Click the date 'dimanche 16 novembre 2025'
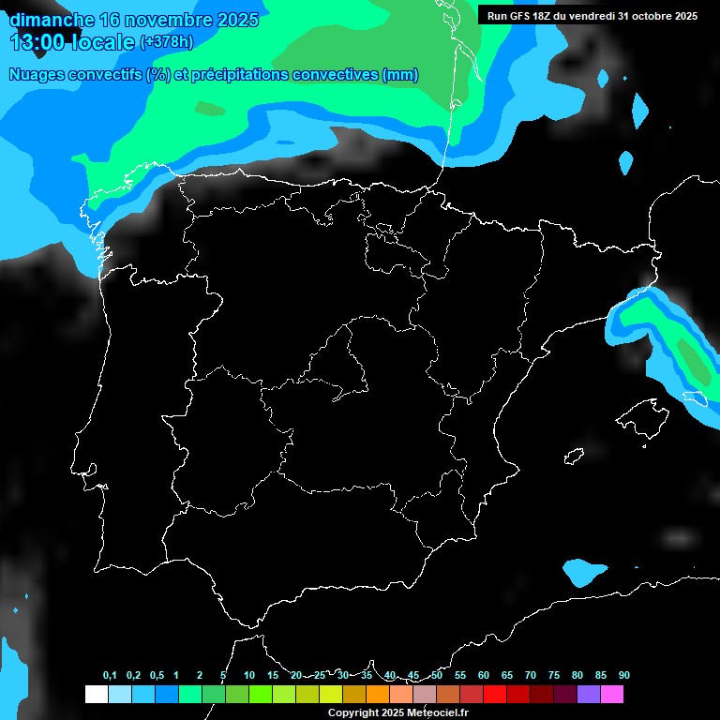tap(133, 19)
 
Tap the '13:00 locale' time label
tap(72, 42)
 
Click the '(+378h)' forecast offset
tap(166, 42)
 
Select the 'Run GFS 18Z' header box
tap(592, 15)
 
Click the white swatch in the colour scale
tap(96, 695)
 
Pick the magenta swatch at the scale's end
tap(612, 695)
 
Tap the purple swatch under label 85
tap(589, 695)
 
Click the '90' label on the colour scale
tap(623, 675)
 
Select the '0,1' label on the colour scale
tap(110, 675)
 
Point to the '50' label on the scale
tap(437, 675)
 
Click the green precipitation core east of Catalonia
tap(692, 356)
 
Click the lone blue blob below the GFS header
tap(640, 111)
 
